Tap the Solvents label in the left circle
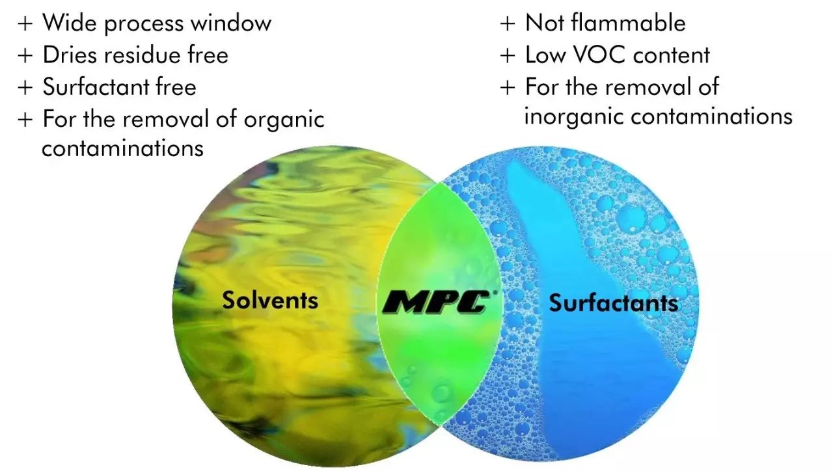pos(270,300)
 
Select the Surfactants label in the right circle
pos(614,303)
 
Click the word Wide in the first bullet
pos(70,23)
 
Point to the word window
pos(231,23)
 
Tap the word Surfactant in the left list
pos(96,87)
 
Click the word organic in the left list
pos(284,120)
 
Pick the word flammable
pos(628,23)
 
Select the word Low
pos(545,55)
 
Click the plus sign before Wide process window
pos(25,24)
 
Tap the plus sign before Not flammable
pos(508,24)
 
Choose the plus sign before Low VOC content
pos(508,56)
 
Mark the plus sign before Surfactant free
pos(25,88)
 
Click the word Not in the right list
pos(545,23)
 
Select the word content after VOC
pos(672,55)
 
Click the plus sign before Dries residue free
pos(25,56)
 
